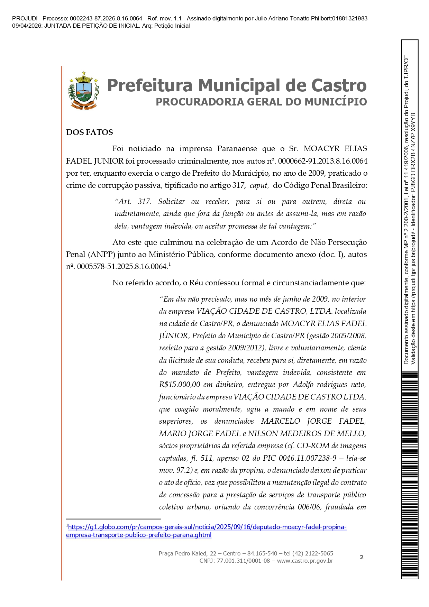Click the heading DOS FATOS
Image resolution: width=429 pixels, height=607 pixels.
(x=89, y=132)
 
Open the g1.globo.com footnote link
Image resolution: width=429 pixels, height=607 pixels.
(x=206, y=531)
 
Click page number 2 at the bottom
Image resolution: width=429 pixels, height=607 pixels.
(x=362, y=557)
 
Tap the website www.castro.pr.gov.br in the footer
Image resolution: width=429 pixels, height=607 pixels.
(x=305, y=561)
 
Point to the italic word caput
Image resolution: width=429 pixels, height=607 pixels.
(x=258, y=185)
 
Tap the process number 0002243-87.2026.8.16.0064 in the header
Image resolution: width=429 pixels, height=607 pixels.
(x=106, y=19)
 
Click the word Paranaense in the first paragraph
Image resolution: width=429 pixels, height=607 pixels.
(x=237, y=149)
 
